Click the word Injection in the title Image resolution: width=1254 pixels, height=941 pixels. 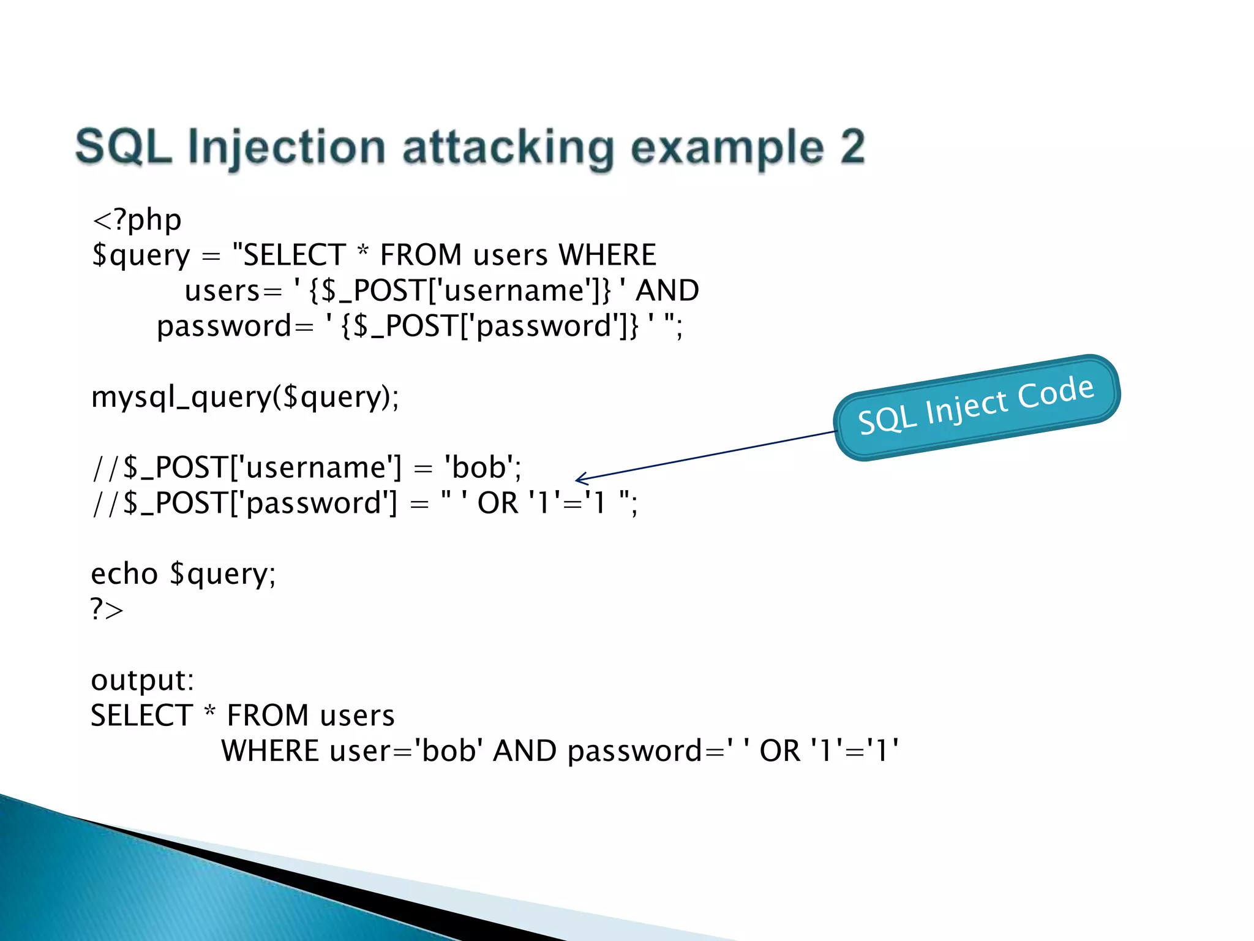coord(286,148)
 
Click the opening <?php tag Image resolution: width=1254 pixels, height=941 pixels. coord(137,220)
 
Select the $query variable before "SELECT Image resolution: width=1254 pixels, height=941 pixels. coord(141,255)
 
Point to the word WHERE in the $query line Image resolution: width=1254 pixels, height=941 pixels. coord(607,255)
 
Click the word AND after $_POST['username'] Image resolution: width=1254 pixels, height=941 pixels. coord(667,290)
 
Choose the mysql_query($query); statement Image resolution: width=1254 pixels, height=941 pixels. coord(245,397)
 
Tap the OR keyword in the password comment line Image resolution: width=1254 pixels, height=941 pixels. coord(498,503)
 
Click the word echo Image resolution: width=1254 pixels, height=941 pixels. coord(124,574)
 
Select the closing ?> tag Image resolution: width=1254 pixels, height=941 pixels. coord(107,610)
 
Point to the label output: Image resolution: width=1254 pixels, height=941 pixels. coord(142,680)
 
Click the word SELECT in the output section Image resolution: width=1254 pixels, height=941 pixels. coord(142,716)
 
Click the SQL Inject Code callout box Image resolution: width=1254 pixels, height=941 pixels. coord(977,407)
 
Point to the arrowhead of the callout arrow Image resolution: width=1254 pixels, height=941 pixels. coord(578,479)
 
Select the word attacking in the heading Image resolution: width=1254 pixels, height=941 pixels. coord(508,148)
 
